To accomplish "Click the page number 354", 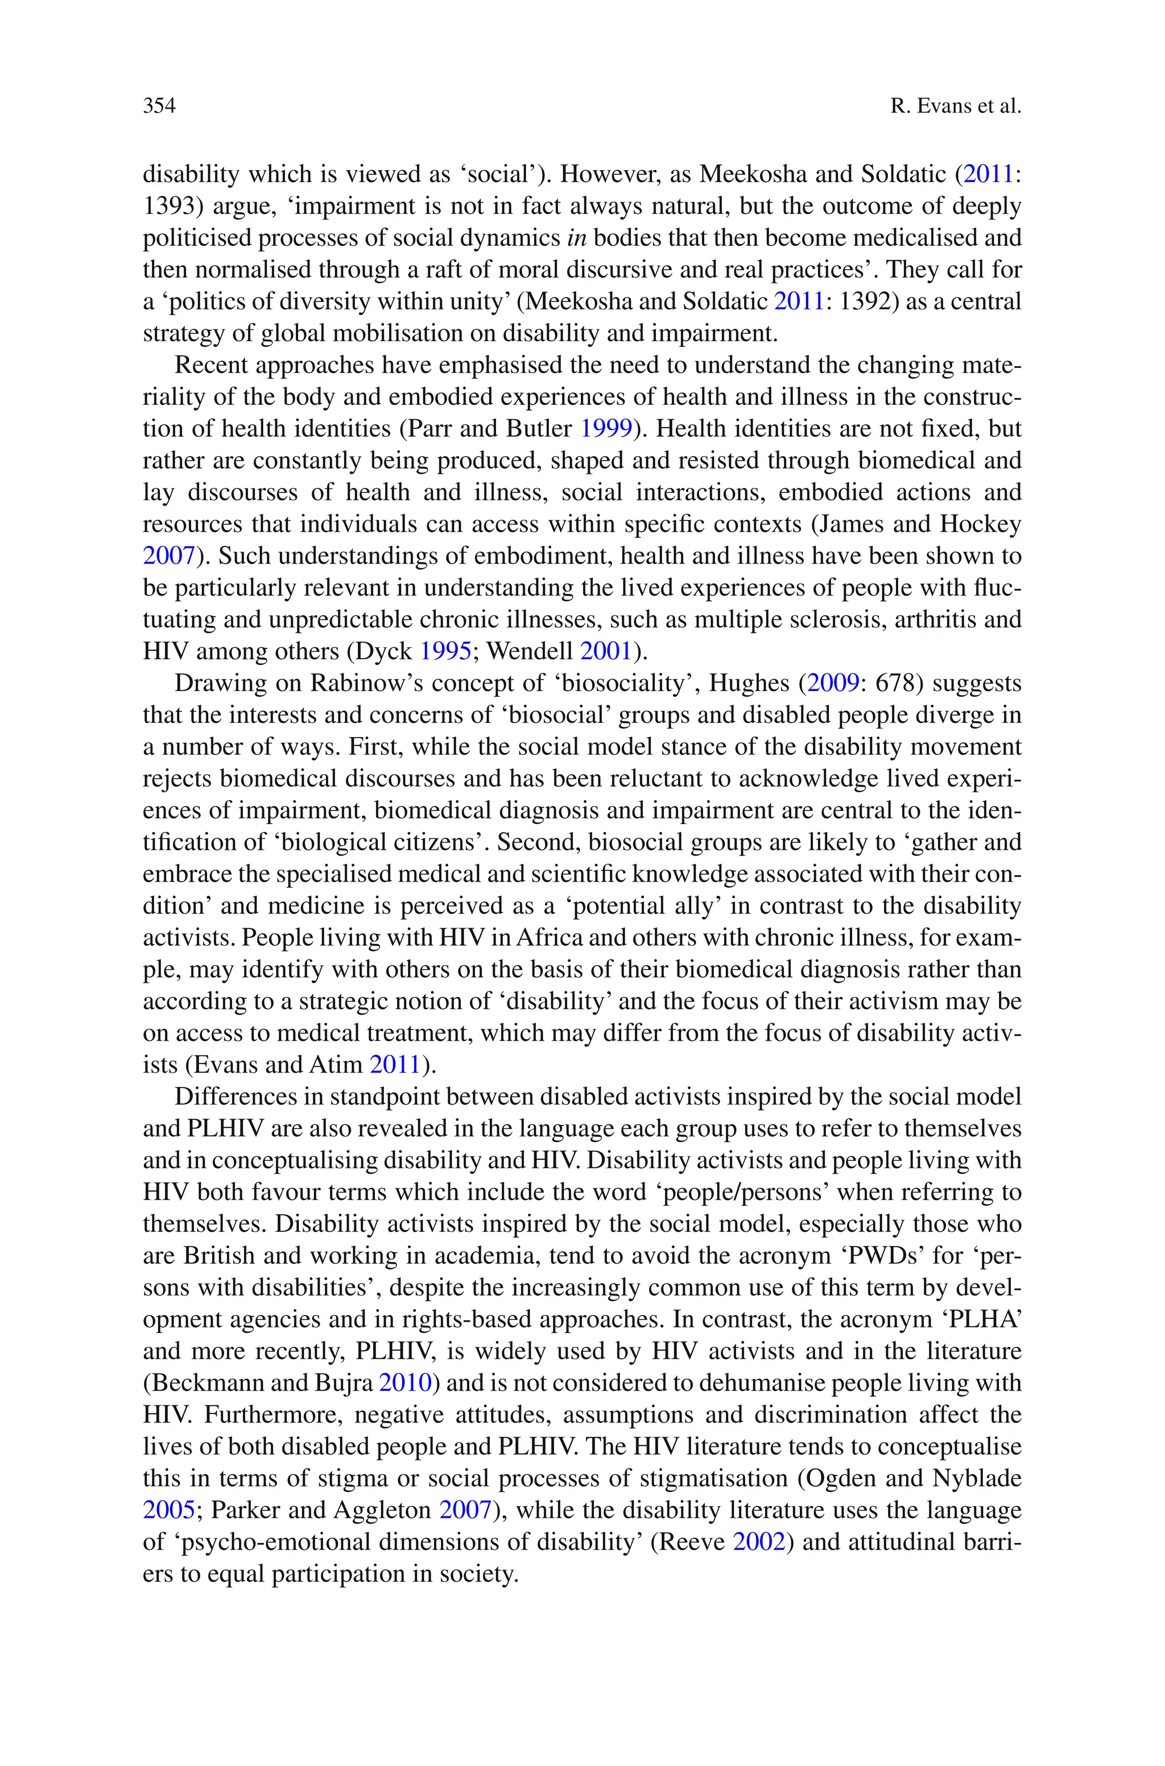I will point(159,106).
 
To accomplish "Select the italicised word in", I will point(576,238).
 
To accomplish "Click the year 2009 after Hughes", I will point(833,683).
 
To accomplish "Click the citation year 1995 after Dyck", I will point(445,651).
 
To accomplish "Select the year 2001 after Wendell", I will point(605,651).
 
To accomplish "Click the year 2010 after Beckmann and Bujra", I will point(405,1383).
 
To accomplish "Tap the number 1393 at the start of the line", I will point(168,206).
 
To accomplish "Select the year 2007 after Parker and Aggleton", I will point(465,1511).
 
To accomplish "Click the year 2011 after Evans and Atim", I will point(395,1065).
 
